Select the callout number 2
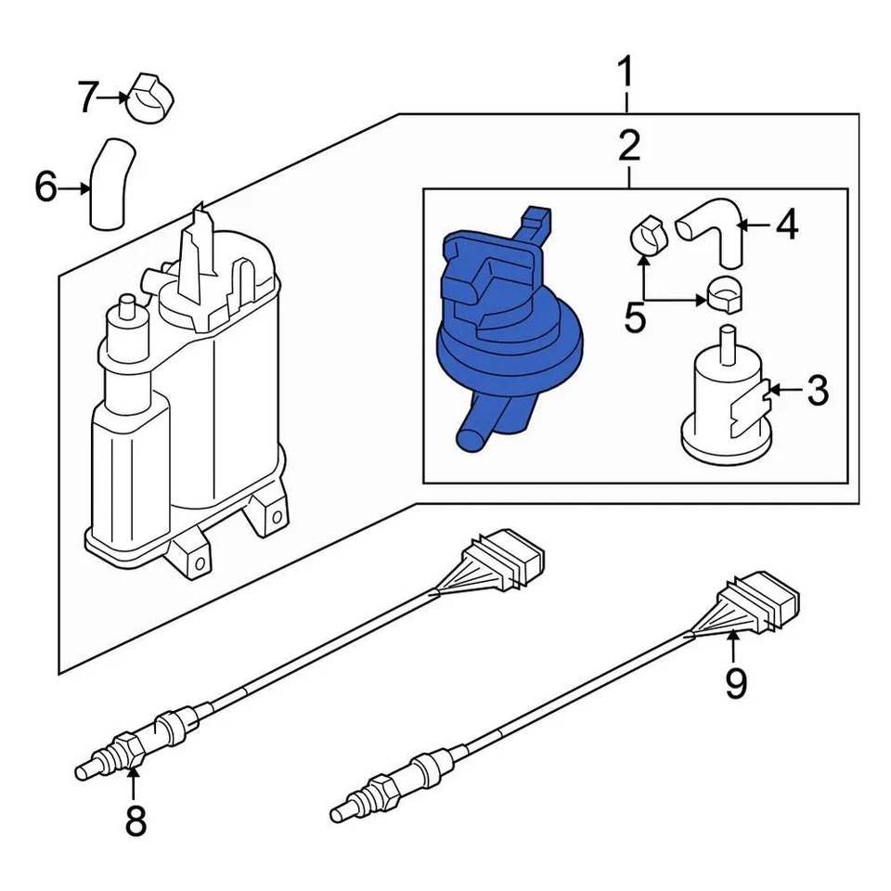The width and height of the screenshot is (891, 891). pos(628,146)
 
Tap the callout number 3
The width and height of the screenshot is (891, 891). pos(816,392)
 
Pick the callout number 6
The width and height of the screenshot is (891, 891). pos(45,188)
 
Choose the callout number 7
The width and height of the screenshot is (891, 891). pos(87,97)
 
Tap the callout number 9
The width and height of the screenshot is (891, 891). pos(735,683)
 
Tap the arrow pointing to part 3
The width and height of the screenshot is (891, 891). pos(784,392)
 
